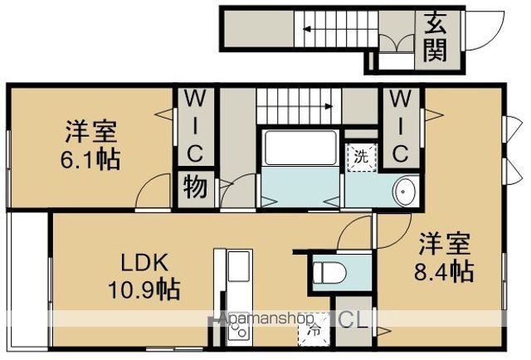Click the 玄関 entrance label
(x=436, y=37)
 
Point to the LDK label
(x=145, y=265)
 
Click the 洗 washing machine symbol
(x=361, y=156)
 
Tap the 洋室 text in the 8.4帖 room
(x=444, y=245)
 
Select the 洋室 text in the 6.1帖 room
(x=92, y=131)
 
